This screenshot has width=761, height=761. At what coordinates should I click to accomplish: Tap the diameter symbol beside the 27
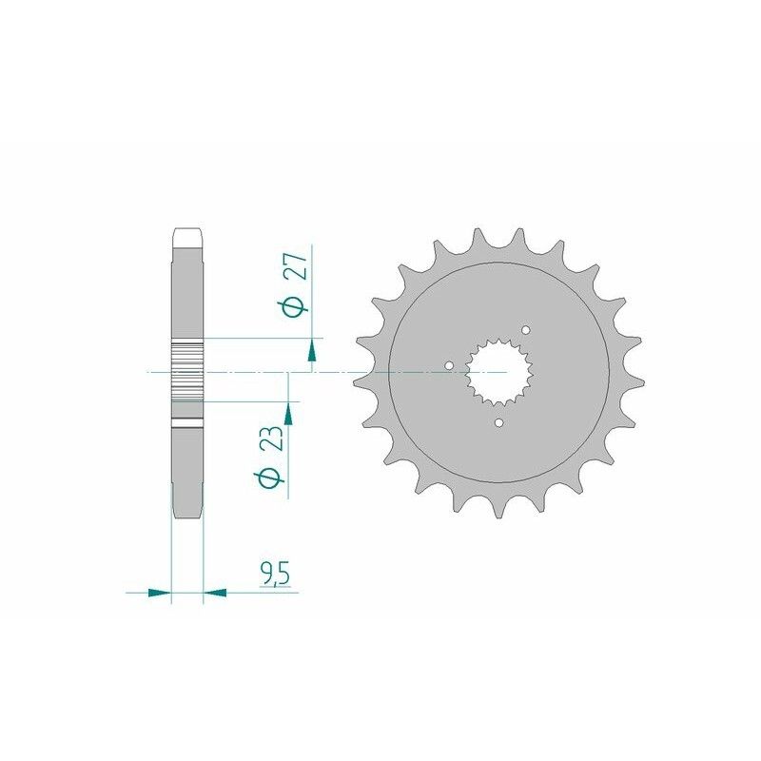[x=296, y=306]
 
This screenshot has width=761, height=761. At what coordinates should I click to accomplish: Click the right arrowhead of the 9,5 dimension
[x=215, y=592]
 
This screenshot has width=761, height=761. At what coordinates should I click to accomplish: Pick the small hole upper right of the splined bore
[x=526, y=329]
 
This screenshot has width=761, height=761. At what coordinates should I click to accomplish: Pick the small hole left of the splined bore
[x=450, y=362]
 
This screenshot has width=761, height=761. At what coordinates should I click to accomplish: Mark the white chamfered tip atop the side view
[x=187, y=234]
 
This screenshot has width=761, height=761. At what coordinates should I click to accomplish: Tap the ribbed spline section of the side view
[x=187, y=371]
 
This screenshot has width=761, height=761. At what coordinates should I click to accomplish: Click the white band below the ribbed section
[x=187, y=423]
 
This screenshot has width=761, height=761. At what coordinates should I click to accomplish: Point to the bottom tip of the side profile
[x=187, y=514]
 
